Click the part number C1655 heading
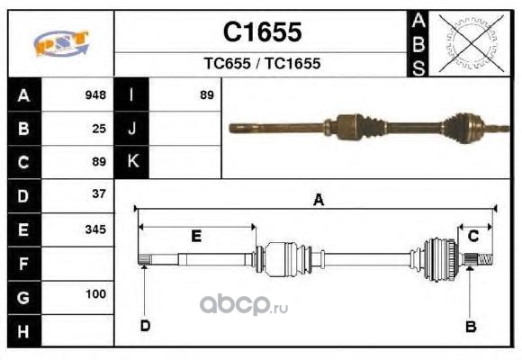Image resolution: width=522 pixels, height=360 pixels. pos(262,32)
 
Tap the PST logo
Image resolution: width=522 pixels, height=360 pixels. pos(61,43)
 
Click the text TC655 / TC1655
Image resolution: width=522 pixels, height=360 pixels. pos(262,63)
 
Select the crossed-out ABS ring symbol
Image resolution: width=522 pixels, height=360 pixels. pos(471,43)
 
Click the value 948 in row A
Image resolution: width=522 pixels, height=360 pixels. pos(95,94)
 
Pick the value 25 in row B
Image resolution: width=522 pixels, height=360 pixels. pos(99,129)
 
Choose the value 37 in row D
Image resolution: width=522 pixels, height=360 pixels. pos(99,193)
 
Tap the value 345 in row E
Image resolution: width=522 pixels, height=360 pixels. pos(95,229)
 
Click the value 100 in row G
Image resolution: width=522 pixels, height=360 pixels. pos(96,294)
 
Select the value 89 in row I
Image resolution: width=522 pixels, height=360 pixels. pos(207,94)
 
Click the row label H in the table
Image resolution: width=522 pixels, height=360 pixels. pos(23,332)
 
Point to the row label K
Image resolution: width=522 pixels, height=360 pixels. pos(133,161)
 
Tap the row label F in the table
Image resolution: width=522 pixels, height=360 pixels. pos(23,264)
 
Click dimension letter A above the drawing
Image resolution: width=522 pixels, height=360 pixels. pos(319,200)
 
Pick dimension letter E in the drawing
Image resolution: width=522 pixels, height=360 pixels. pos(196,236)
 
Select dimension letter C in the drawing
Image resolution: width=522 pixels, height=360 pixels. pos(473,236)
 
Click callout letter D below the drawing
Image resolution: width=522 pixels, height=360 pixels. pos(146,326)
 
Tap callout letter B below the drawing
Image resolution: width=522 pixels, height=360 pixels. pos(471,327)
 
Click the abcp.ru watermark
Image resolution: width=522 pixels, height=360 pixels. pos(244,305)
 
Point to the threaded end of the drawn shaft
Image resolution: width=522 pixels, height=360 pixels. pos(485,259)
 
